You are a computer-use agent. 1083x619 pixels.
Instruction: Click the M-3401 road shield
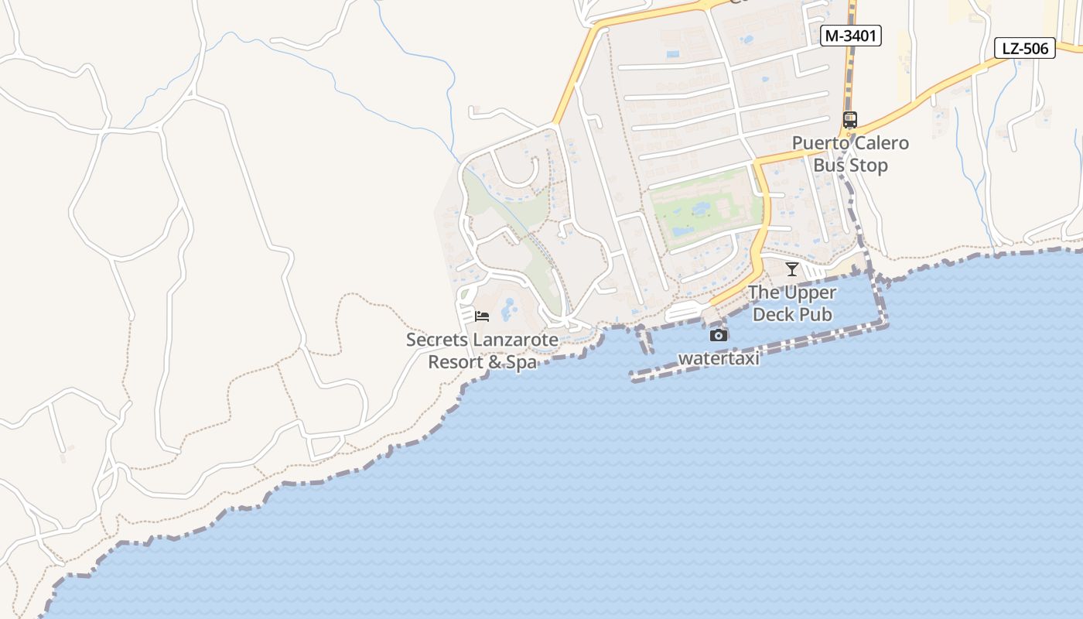pyautogui.click(x=851, y=36)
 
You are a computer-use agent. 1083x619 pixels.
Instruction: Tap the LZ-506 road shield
pyautogui.click(x=1024, y=48)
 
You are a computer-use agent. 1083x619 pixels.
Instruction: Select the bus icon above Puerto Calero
pyautogui.click(x=849, y=120)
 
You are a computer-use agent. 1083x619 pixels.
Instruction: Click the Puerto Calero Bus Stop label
pyautogui.click(x=850, y=154)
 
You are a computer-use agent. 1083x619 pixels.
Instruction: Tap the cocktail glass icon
pyautogui.click(x=791, y=269)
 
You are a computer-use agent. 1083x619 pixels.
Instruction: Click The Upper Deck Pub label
pyautogui.click(x=791, y=303)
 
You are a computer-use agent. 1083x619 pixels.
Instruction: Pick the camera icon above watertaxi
pyautogui.click(x=719, y=335)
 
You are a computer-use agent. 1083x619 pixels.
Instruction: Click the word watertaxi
pyautogui.click(x=719, y=358)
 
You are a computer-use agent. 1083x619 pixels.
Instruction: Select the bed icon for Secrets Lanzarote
pyautogui.click(x=482, y=316)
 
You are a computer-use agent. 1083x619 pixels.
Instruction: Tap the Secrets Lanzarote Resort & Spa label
pyautogui.click(x=482, y=351)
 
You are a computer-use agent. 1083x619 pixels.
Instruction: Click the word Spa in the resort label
pyautogui.click(x=519, y=362)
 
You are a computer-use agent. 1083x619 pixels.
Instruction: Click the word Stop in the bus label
pyautogui.click(x=870, y=166)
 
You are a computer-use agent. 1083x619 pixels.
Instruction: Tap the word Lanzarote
pyautogui.click(x=515, y=340)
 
